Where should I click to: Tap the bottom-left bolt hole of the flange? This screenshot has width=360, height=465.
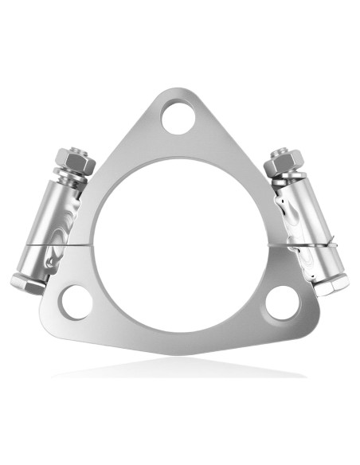click(x=77, y=303)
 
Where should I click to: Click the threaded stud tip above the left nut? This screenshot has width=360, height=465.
click(x=69, y=149)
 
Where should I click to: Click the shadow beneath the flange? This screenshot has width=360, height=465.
click(x=179, y=370)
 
